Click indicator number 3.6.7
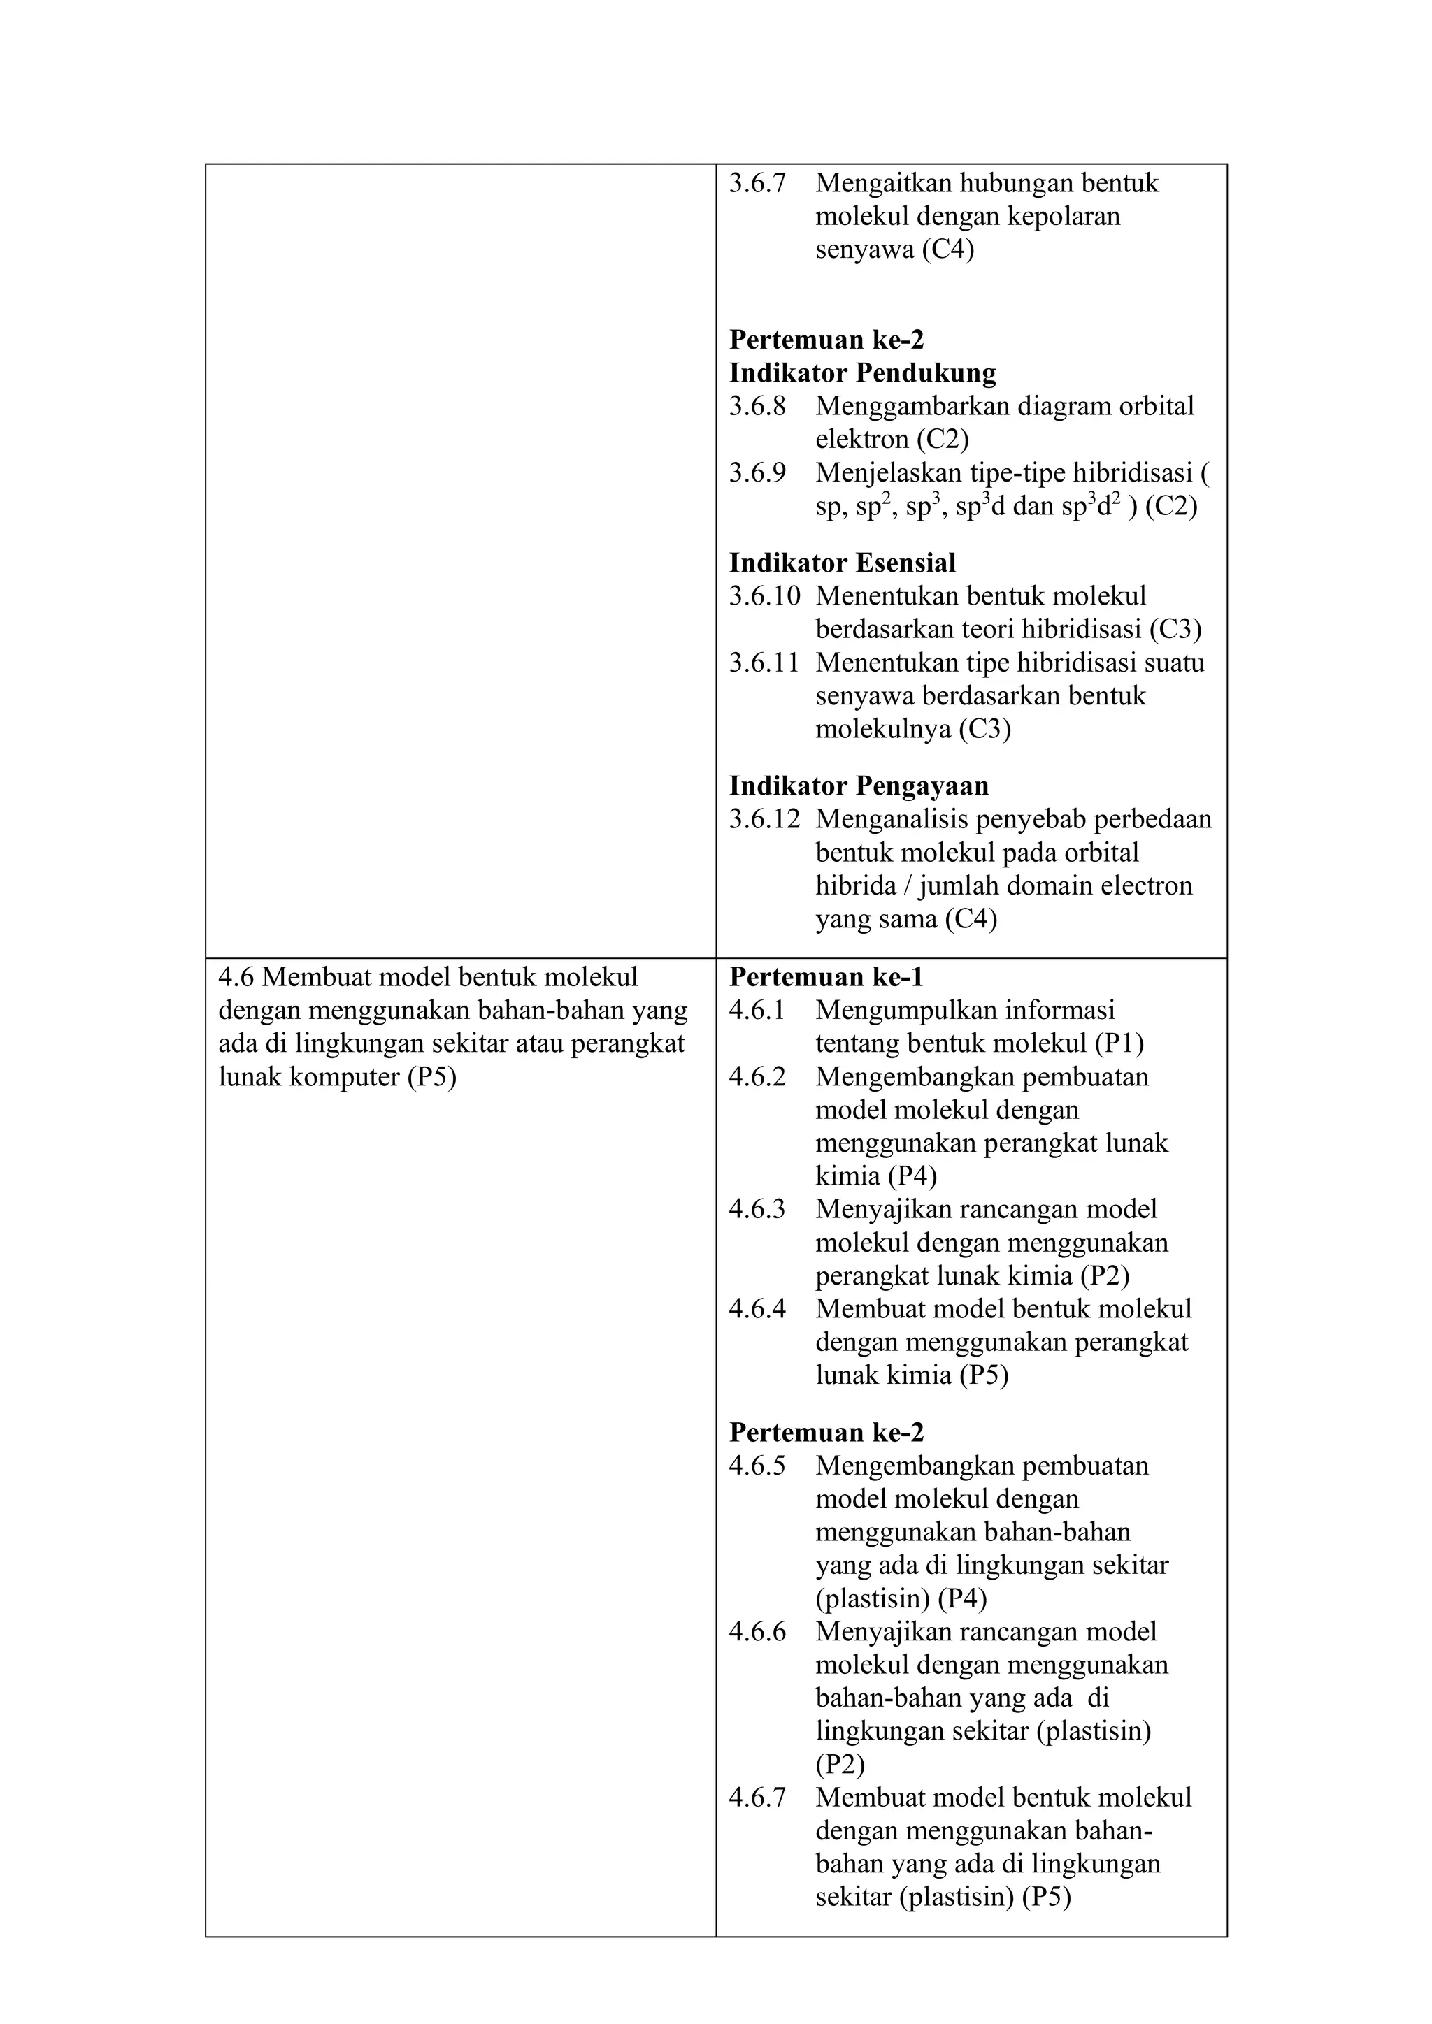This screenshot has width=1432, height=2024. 757,183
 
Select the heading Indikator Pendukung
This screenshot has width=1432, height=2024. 861,373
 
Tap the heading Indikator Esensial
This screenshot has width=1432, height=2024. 841,563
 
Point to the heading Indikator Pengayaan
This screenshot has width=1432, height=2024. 858,786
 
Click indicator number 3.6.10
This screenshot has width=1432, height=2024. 764,596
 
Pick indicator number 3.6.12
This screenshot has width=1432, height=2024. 764,819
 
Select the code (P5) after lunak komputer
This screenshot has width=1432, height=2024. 431,1077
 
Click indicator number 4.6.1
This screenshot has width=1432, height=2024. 757,1010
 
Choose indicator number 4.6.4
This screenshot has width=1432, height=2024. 757,1308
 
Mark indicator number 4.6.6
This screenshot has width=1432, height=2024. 757,1632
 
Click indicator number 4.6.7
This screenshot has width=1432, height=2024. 757,1798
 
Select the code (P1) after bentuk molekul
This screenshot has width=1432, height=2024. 1119,1043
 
